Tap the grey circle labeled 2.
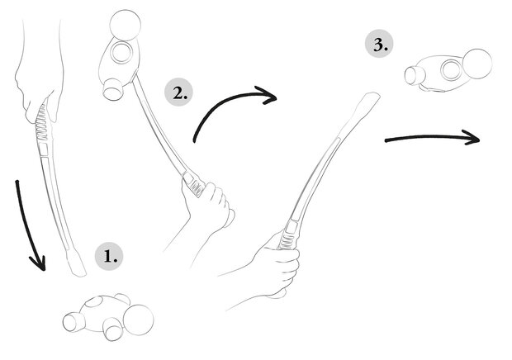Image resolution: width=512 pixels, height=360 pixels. coord(178,92)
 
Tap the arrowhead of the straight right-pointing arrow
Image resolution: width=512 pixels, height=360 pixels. coord(471,137)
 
